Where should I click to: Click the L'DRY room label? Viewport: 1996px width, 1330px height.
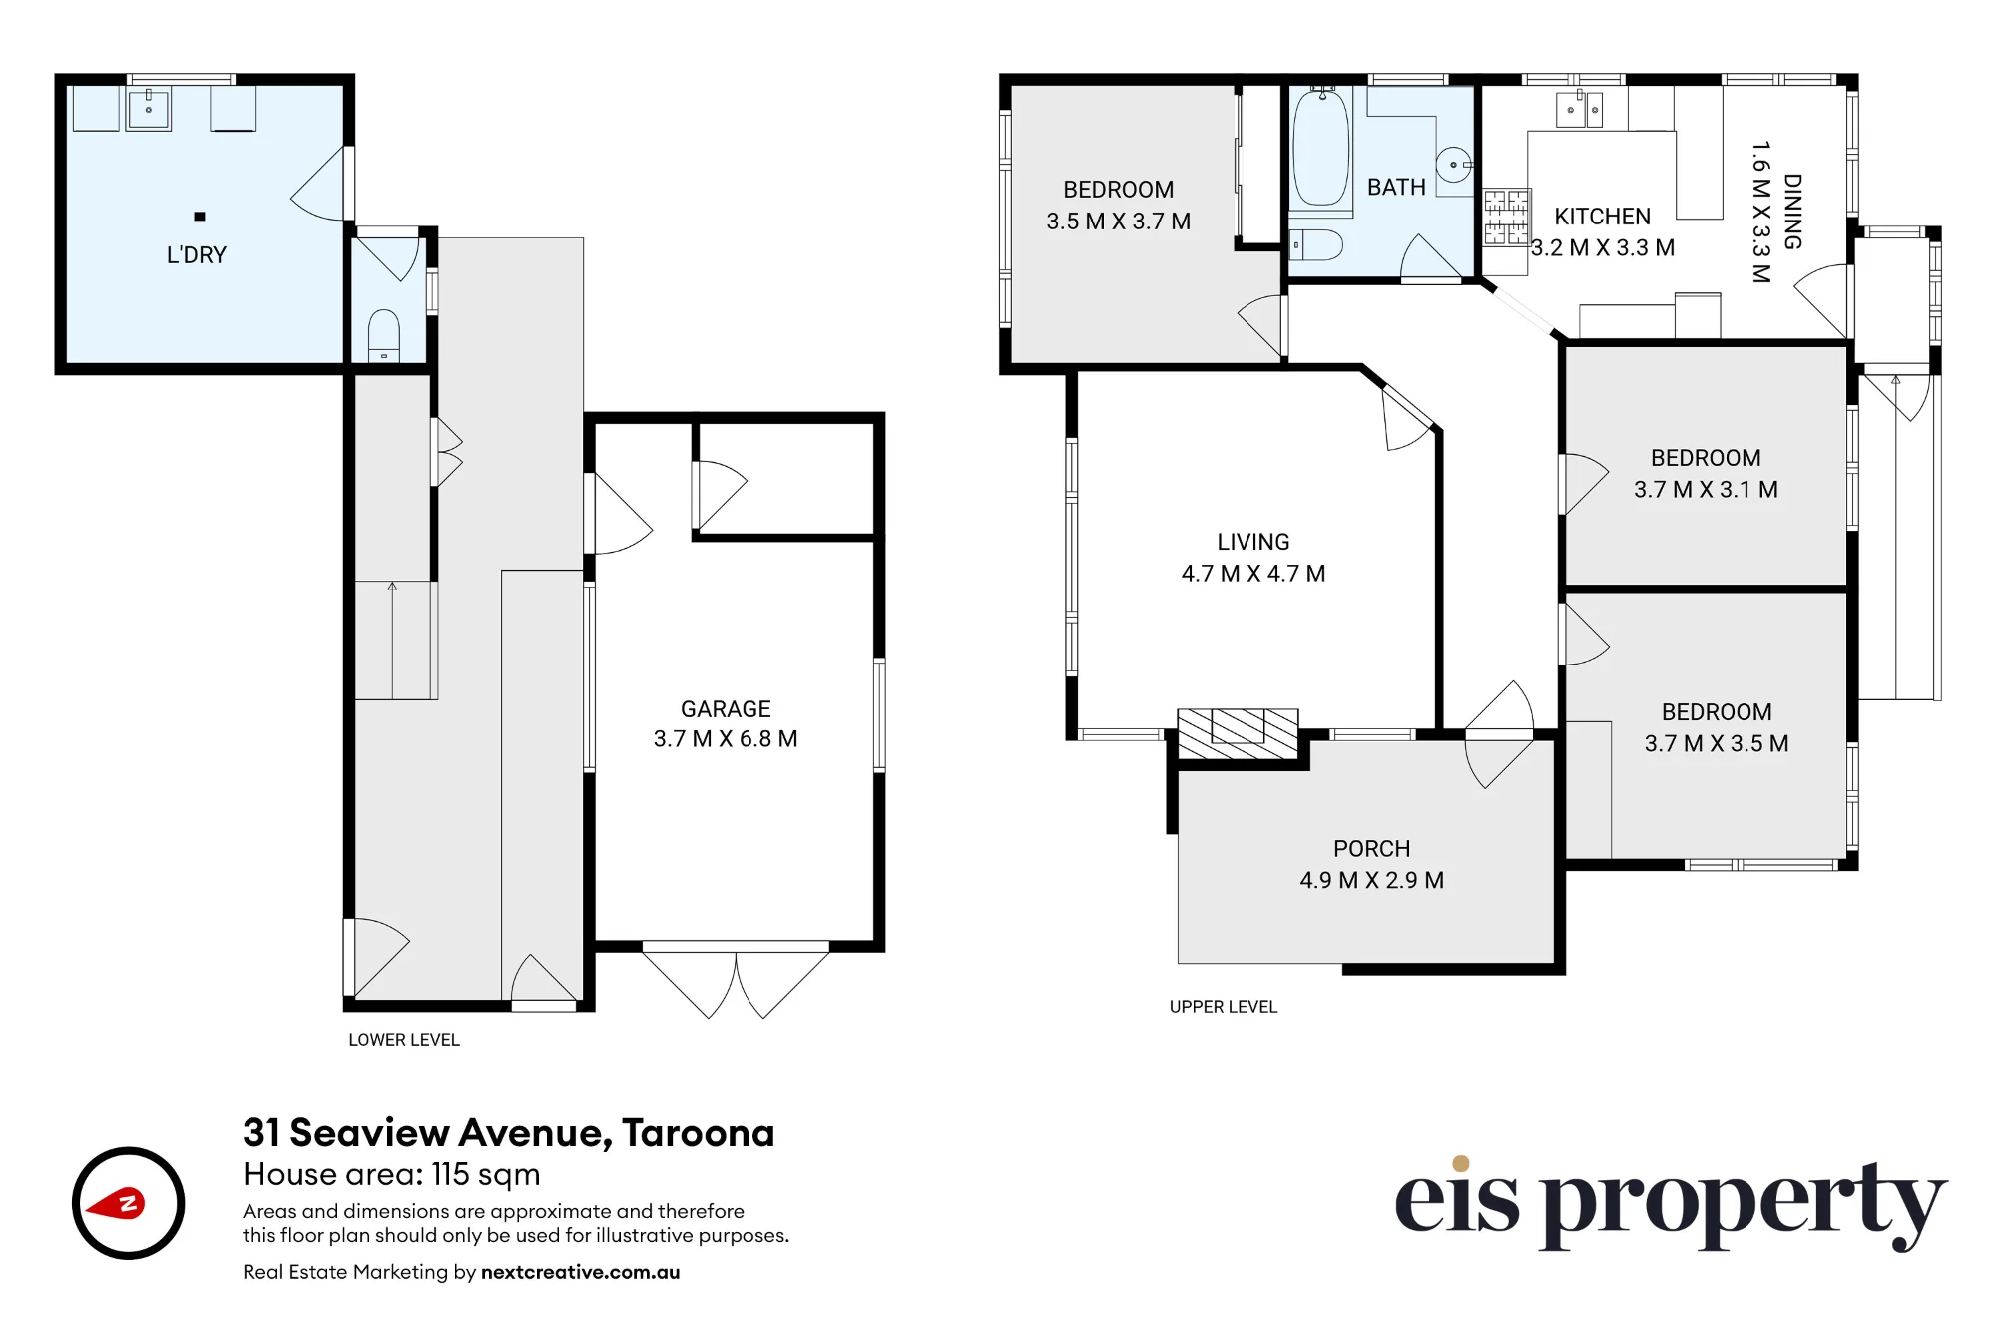click(197, 255)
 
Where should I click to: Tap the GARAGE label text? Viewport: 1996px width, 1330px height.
click(726, 709)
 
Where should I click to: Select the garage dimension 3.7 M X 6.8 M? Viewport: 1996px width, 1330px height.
click(726, 739)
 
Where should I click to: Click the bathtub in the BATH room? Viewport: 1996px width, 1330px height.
click(1320, 147)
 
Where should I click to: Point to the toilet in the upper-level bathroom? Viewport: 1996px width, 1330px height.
click(1315, 244)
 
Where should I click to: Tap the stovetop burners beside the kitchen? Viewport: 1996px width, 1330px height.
click(1506, 219)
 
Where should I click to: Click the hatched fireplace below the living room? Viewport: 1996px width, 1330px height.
click(1238, 734)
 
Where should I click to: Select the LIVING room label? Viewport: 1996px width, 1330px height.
click(1253, 542)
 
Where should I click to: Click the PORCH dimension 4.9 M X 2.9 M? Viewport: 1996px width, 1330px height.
click(1371, 880)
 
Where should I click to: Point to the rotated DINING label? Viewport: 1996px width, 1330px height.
click(1792, 212)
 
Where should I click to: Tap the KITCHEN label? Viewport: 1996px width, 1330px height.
click(1602, 217)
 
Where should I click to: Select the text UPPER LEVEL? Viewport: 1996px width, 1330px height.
click(1223, 1007)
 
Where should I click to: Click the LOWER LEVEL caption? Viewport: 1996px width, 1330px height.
click(404, 1040)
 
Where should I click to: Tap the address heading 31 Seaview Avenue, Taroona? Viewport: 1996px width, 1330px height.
click(508, 1133)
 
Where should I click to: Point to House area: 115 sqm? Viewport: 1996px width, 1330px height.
click(391, 1175)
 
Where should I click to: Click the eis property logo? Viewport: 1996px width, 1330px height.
click(1671, 1203)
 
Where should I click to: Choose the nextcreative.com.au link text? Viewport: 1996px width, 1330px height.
click(580, 1272)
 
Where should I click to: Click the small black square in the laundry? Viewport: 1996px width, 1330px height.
click(200, 217)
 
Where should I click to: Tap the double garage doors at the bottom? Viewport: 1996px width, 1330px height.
click(736, 979)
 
